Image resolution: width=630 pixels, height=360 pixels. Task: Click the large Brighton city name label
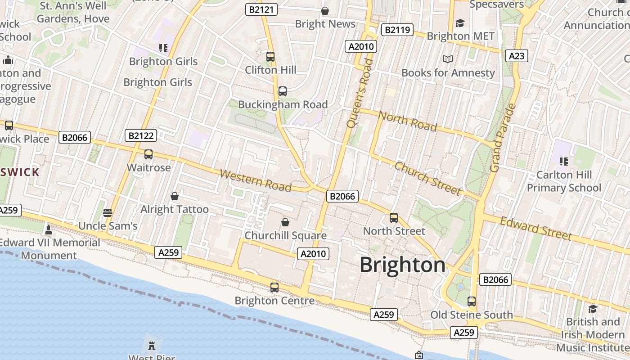pyautogui.click(x=402, y=265)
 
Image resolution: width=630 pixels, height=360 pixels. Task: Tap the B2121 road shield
pyautogui.click(x=261, y=9)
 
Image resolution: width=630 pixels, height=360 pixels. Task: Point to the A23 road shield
pyautogui.click(x=516, y=56)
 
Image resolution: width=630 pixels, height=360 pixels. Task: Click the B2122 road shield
pyautogui.click(x=141, y=135)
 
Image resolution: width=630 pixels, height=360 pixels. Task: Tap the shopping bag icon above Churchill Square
pyautogui.click(x=285, y=222)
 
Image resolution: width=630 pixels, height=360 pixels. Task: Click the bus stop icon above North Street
pyautogui.click(x=394, y=218)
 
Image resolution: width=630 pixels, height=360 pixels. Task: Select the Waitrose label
pyautogui.click(x=148, y=167)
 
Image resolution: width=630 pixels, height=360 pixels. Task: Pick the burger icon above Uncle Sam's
pyautogui.click(x=107, y=212)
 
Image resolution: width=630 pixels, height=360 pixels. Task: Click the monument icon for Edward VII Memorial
pyautogui.click(x=49, y=230)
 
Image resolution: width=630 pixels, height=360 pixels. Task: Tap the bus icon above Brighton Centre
pyautogui.click(x=274, y=287)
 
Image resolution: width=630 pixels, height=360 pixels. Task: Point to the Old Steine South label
pyautogui.click(x=471, y=315)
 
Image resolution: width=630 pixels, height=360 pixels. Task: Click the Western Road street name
pyautogui.click(x=255, y=180)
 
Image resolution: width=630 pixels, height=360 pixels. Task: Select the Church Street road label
pyautogui.click(x=427, y=179)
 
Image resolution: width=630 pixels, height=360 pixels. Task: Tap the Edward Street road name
pyautogui.click(x=535, y=229)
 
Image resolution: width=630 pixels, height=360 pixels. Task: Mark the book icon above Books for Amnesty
pyautogui.click(x=447, y=59)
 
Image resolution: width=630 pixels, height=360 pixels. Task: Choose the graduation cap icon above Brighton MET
pyautogui.click(x=460, y=23)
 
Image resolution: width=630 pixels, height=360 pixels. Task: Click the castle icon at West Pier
pyautogui.click(x=152, y=346)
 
